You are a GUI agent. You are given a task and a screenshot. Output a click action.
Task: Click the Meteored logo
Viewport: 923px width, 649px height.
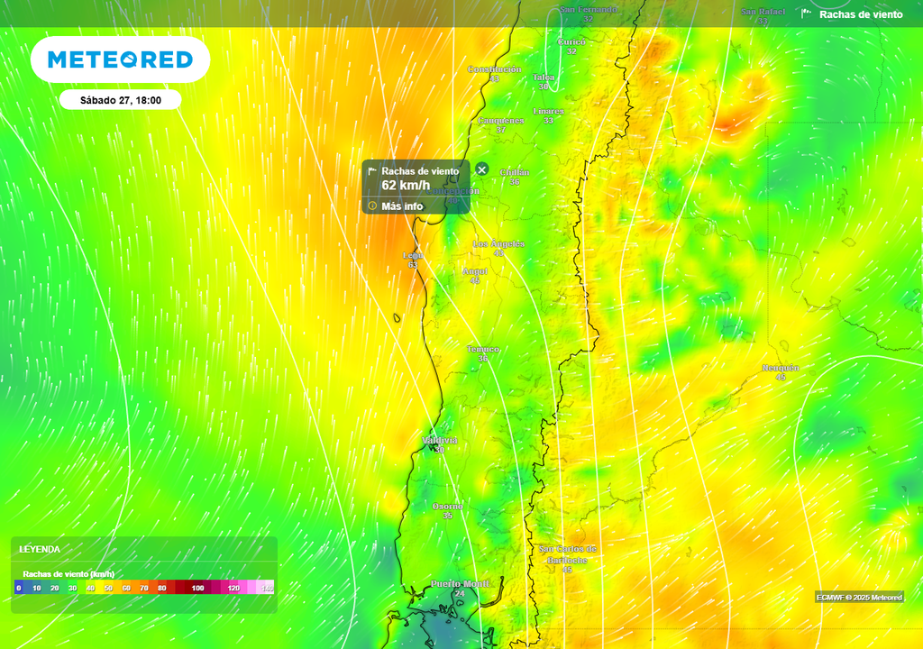(120, 59)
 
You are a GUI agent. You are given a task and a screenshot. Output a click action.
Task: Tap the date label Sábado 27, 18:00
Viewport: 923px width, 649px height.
(120, 100)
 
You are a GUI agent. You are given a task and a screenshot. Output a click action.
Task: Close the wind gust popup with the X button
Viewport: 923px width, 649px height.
(482, 169)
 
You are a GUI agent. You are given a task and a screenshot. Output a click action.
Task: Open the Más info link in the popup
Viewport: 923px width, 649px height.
(402, 206)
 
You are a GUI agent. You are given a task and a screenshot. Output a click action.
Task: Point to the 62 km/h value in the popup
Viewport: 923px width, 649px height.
(406, 186)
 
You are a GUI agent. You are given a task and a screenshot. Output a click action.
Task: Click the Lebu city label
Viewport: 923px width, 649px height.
(412, 256)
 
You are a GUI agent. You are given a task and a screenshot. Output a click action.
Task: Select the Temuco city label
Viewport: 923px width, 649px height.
(483, 349)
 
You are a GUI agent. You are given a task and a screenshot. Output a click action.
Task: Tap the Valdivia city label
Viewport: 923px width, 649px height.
(440, 440)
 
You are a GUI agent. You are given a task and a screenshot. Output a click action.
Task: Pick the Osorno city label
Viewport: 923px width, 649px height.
(447, 507)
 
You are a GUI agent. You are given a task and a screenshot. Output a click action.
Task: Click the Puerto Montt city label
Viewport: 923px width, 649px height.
(461, 584)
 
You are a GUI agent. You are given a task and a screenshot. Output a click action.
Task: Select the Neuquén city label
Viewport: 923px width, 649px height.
(780, 368)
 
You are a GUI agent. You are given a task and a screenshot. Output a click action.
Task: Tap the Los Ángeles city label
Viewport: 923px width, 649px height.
(498, 244)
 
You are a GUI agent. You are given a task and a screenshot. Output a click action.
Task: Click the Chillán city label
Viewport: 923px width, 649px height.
(514, 172)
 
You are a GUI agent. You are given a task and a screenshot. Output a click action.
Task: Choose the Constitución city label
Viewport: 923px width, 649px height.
(494, 69)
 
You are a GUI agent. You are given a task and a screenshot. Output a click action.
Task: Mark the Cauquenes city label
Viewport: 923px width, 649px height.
(500, 120)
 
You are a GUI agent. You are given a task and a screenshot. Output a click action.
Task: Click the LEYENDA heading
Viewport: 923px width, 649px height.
(41, 549)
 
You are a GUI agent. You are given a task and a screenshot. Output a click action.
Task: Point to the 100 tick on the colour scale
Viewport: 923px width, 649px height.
(198, 588)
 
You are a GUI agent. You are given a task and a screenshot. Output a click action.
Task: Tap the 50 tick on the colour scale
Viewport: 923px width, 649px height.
(108, 588)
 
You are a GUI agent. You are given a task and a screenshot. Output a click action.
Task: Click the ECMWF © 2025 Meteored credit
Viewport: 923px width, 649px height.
(859, 598)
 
